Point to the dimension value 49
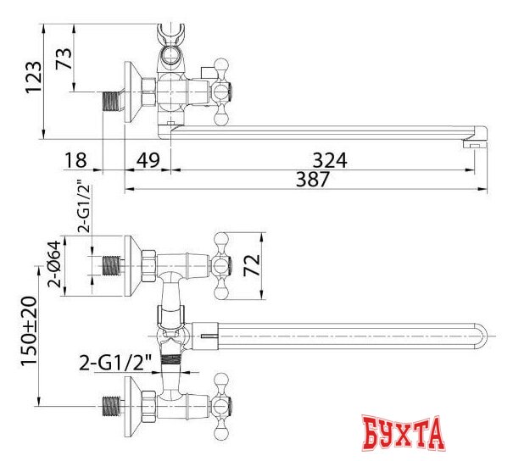pos(149,160)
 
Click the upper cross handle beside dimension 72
pos(223,264)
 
